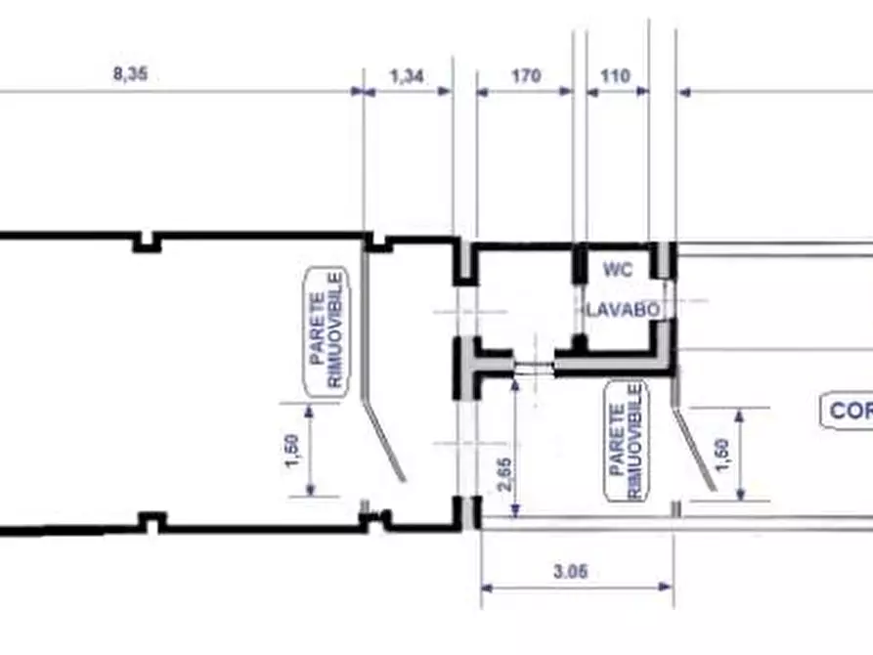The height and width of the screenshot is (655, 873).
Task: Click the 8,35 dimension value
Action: pyautogui.click(x=130, y=73)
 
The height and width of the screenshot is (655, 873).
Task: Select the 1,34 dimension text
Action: pyautogui.click(x=407, y=75)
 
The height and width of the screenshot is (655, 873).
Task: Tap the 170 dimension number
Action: pyautogui.click(x=526, y=75)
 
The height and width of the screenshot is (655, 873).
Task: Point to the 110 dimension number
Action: pyautogui.click(x=615, y=75)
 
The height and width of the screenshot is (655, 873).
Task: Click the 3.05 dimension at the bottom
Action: pyautogui.click(x=571, y=572)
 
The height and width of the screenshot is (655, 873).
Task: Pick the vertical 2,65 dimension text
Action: pyautogui.click(x=505, y=474)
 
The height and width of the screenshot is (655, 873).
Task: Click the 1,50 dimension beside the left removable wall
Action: pyautogui.click(x=291, y=451)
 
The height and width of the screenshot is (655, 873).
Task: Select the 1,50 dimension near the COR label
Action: pyautogui.click(x=721, y=455)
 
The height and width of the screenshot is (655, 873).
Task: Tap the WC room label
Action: pyautogui.click(x=618, y=270)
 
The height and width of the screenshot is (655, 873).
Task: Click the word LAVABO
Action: pyautogui.click(x=624, y=310)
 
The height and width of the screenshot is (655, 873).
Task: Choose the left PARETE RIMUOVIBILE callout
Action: pyautogui.click(x=327, y=330)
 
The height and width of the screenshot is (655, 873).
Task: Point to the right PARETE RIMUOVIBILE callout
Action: pyautogui.click(x=627, y=440)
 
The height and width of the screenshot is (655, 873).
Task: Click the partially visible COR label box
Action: pyautogui.click(x=848, y=411)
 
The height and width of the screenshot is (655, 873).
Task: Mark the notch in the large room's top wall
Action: pyautogui.click(x=148, y=242)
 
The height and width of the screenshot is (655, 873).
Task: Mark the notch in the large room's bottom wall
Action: pyautogui.click(x=152, y=521)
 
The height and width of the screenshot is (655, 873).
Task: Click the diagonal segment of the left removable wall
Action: pyautogui.click(x=383, y=440)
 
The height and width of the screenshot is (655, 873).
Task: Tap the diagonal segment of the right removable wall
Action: pyautogui.click(x=695, y=450)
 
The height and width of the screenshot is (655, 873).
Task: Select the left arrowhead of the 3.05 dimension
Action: pyautogui.click(x=487, y=587)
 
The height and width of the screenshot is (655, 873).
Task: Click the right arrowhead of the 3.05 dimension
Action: pyautogui.click(x=666, y=587)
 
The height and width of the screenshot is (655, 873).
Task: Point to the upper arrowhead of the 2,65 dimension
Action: pyautogui.click(x=516, y=385)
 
